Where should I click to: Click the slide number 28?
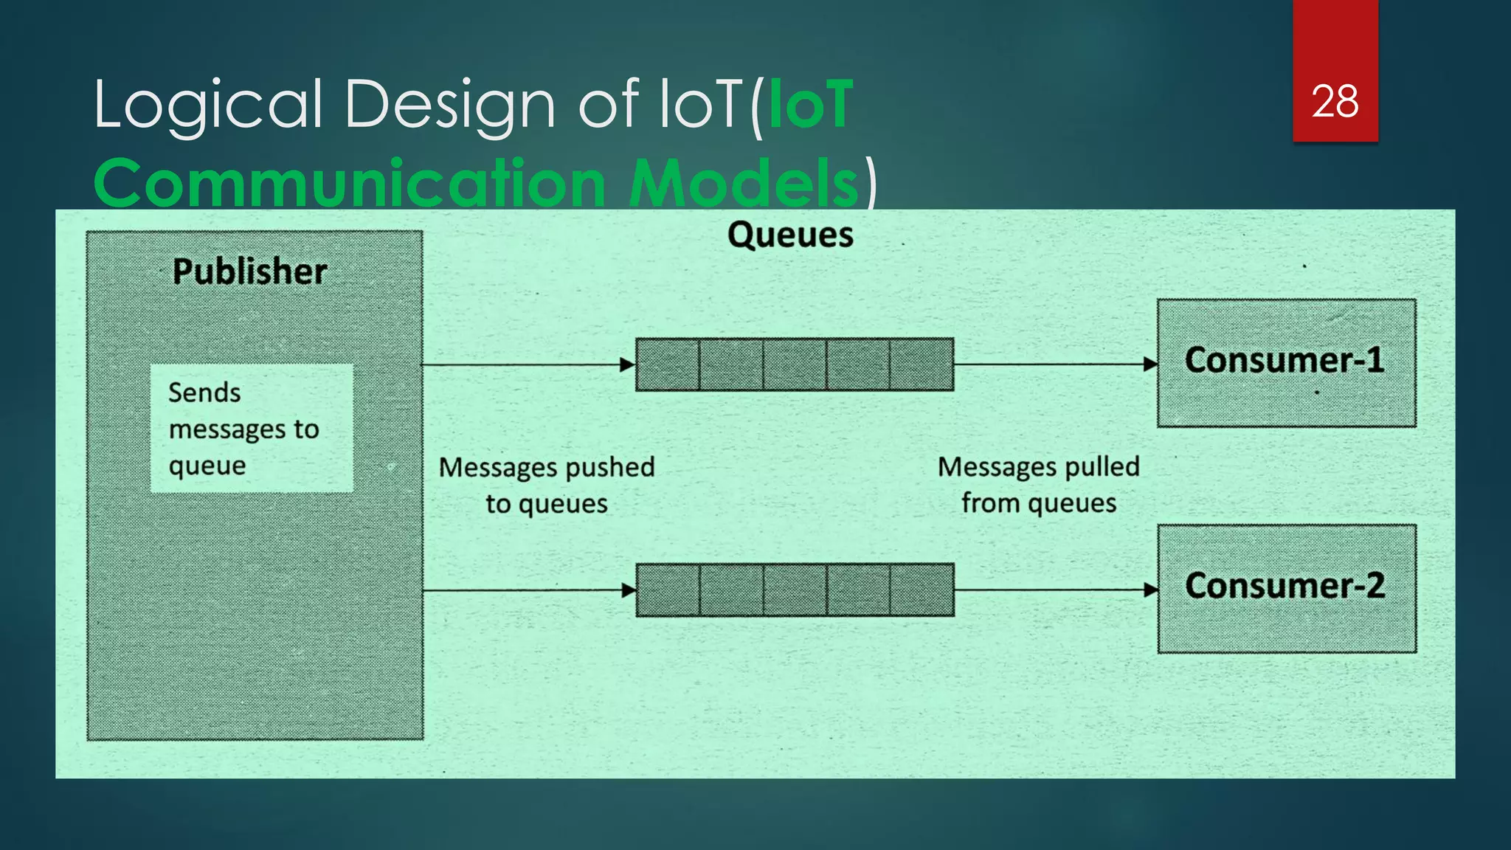(x=1335, y=101)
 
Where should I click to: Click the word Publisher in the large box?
(x=249, y=272)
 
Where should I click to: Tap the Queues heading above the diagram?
(x=790, y=235)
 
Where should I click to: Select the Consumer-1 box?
(x=1286, y=362)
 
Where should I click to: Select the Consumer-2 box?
(x=1286, y=588)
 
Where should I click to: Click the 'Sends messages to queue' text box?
(x=251, y=428)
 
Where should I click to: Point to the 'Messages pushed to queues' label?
(x=547, y=485)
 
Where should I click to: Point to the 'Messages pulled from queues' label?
(x=1038, y=485)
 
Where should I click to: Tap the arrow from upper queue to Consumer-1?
(x=1055, y=364)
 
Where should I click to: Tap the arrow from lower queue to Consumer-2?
(x=1055, y=590)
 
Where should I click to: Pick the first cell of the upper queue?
(x=668, y=364)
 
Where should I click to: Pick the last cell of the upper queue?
(x=922, y=364)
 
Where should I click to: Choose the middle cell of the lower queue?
(x=795, y=590)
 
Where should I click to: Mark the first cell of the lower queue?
(x=668, y=590)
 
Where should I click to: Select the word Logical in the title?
(x=208, y=105)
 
